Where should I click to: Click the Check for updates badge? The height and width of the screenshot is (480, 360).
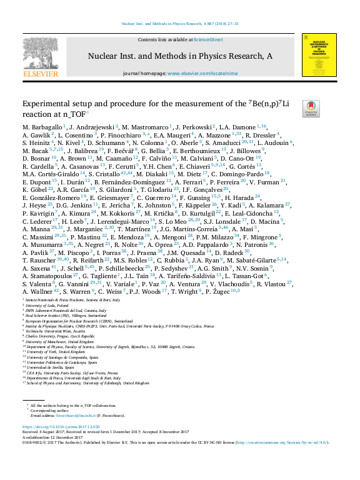click(311, 108)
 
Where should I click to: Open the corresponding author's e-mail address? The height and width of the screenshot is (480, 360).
click(74, 397)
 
